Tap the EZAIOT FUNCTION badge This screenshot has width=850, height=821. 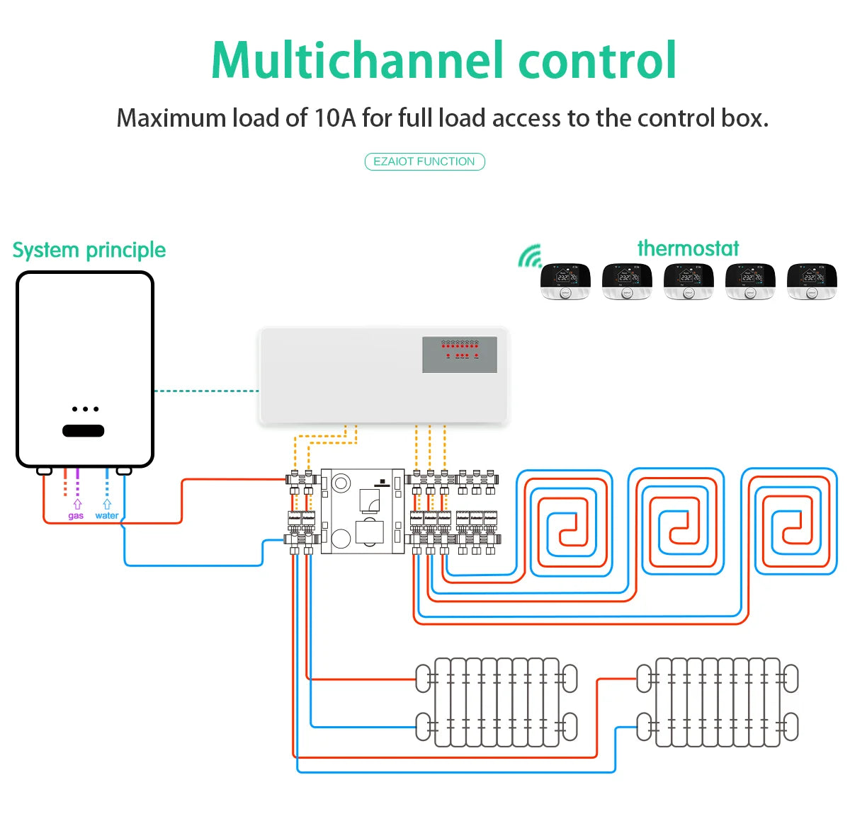[x=424, y=162]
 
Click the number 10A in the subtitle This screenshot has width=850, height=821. [x=334, y=118]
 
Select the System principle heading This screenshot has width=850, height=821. [x=89, y=250]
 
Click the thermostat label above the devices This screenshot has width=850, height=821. [x=688, y=248]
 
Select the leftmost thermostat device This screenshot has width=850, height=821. [x=565, y=282]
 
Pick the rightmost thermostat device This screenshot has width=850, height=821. [x=812, y=282]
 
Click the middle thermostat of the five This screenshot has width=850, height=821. [x=688, y=282]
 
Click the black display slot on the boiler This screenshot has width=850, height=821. [x=84, y=430]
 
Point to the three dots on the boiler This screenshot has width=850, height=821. [x=85, y=409]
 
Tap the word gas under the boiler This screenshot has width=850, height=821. [x=76, y=516]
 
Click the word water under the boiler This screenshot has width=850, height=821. [x=107, y=516]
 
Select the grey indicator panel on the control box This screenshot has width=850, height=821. [x=460, y=355]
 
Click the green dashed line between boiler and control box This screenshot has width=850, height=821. [x=206, y=391]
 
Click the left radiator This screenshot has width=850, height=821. [x=496, y=702]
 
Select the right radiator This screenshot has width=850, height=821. [x=718, y=702]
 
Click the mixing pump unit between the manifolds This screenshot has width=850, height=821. [x=362, y=510]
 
